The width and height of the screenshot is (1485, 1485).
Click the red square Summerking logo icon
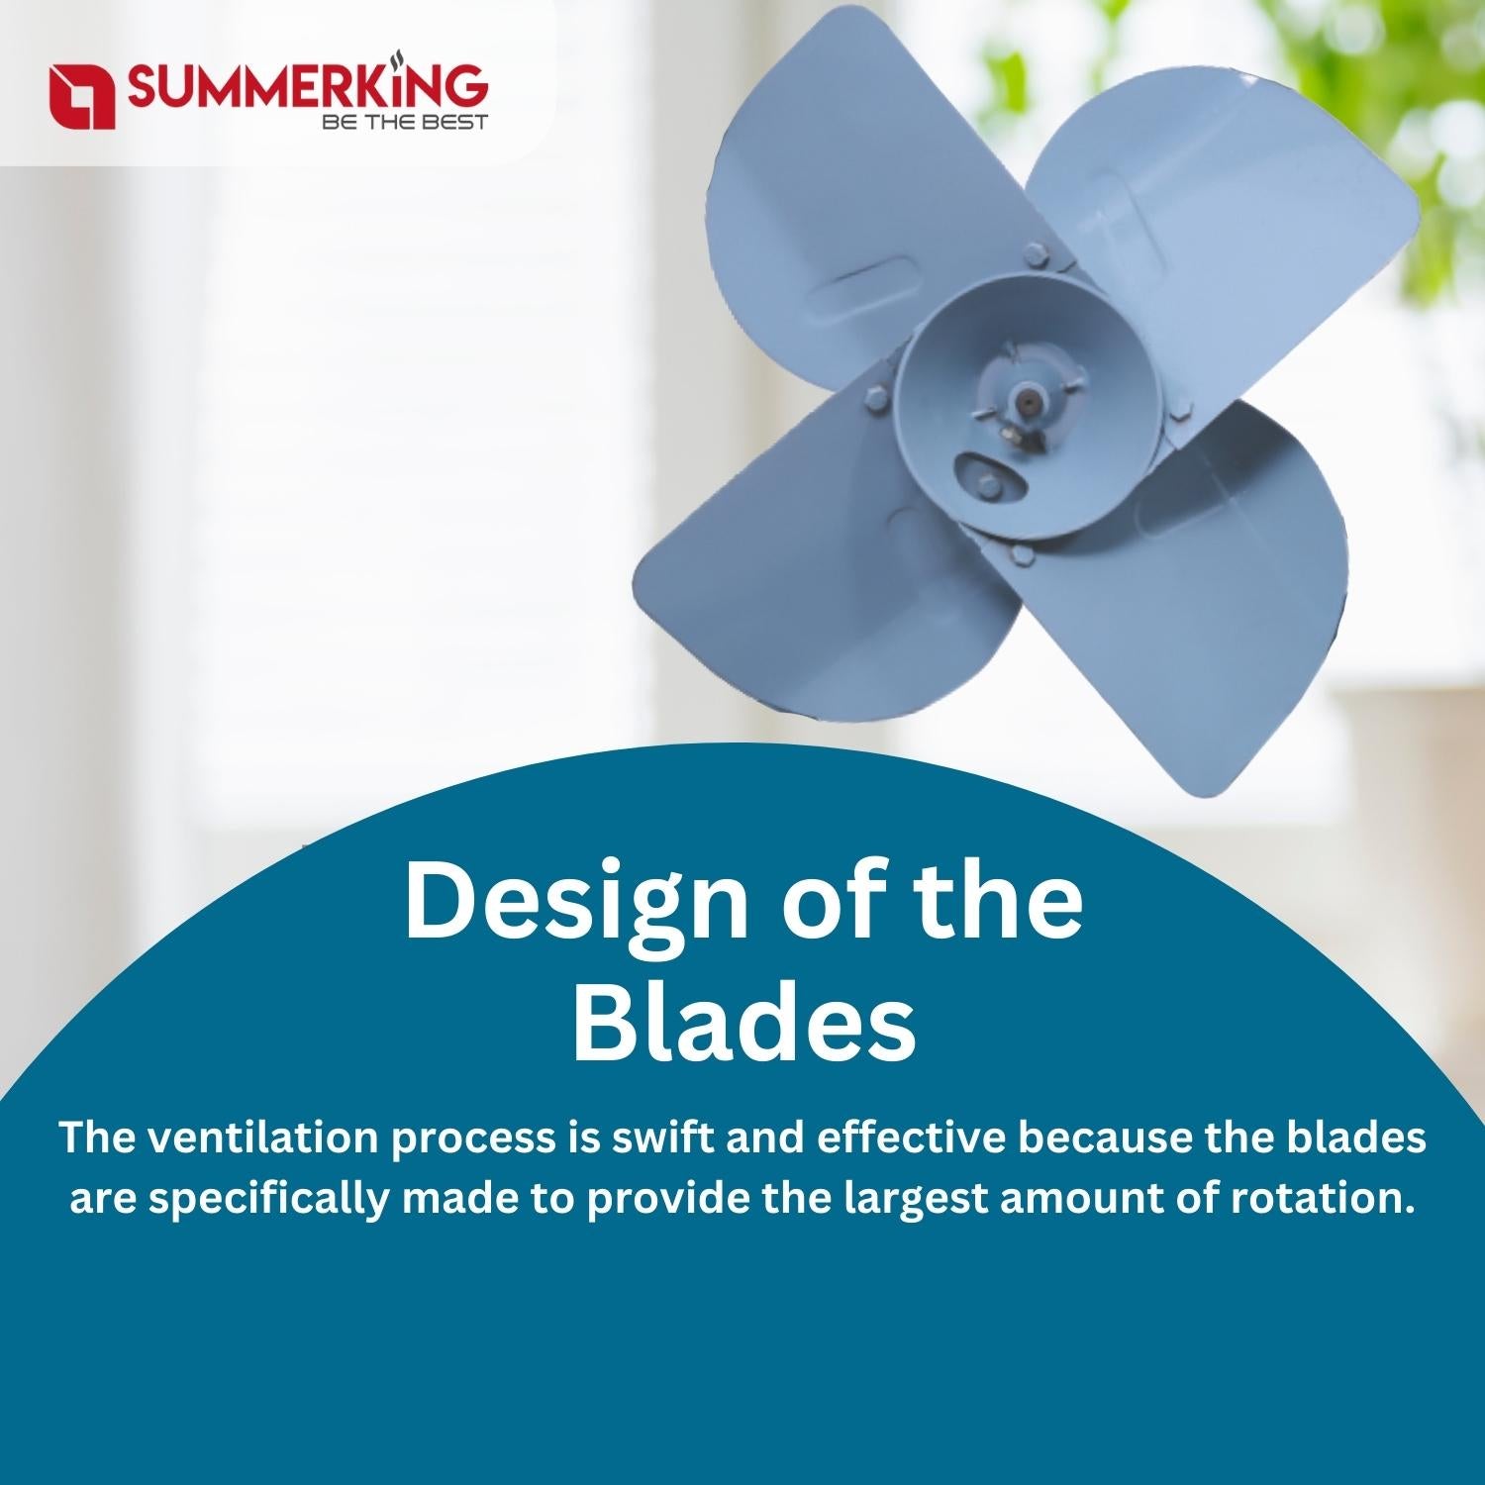coord(82,96)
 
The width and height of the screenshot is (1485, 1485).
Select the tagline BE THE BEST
coord(405,123)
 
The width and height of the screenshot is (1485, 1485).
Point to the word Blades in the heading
coord(744,1020)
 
